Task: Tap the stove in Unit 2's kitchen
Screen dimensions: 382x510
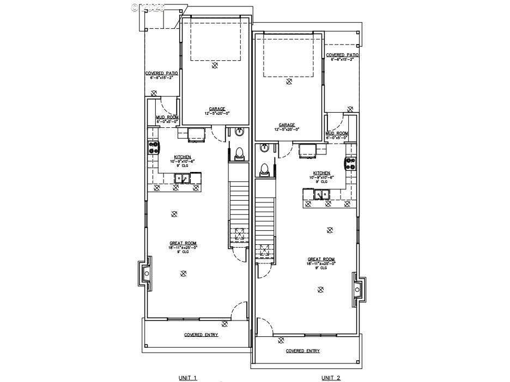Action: pos(349,163)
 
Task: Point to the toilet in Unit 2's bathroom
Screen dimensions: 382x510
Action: pos(264,170)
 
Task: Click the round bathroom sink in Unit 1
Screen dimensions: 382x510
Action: pos(239,132)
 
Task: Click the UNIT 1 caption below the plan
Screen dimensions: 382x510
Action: pos(187,378)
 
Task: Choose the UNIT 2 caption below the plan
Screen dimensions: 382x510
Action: pos(330,378)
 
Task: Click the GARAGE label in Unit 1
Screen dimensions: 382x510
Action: pos(217,108)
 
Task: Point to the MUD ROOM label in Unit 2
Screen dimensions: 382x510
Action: pos(337,133)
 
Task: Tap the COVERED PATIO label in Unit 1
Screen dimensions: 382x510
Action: pos(162,73)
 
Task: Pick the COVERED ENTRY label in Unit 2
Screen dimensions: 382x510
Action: pos(303,351)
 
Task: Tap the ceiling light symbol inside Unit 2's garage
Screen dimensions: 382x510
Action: pos(289,82)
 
